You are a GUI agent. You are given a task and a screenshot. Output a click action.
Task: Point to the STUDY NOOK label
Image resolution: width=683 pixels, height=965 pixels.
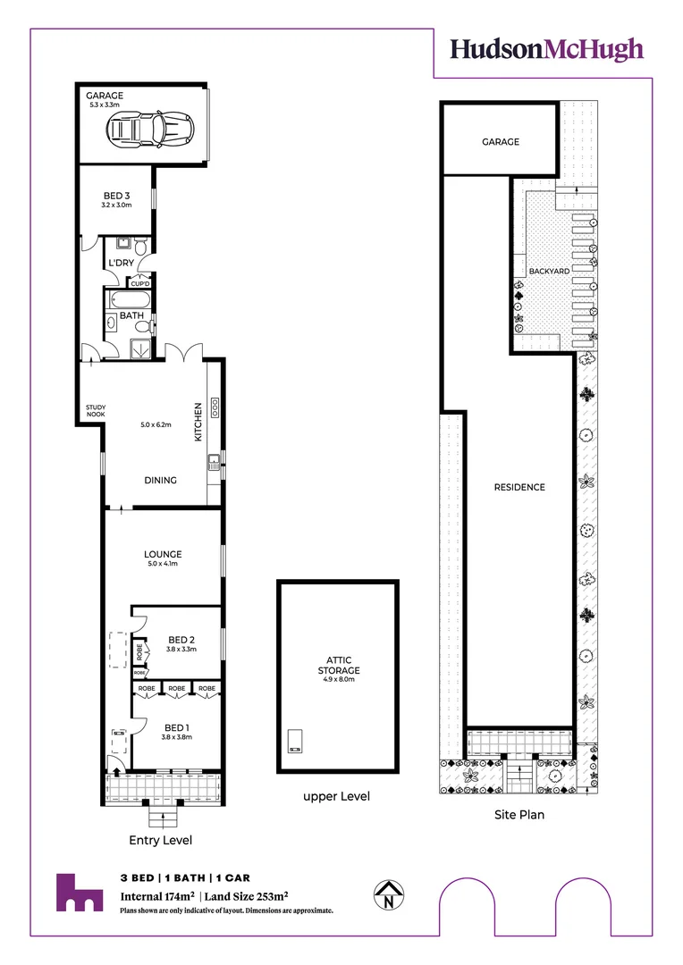[96, 411]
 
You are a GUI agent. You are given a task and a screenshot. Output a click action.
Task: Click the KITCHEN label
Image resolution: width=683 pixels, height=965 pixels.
[198, 423]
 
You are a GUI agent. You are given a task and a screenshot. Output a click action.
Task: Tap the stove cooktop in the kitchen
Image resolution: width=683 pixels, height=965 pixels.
[215, 408]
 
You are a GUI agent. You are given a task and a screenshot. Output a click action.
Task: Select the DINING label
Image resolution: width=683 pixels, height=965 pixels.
[161, 480]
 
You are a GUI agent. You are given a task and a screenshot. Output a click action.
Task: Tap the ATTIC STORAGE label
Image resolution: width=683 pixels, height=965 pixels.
[338, 666]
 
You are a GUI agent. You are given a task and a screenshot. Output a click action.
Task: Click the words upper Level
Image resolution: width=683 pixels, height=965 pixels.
[336, 796]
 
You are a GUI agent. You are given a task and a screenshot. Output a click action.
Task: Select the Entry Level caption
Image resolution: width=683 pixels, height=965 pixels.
[161, 840]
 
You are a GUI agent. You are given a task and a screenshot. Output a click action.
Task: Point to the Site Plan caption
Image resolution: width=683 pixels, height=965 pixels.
[519, 815]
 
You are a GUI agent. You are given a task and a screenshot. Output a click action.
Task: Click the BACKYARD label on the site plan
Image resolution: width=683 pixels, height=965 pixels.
[549, 270]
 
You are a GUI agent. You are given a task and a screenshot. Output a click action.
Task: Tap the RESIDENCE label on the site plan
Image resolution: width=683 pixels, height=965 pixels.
[519, 487]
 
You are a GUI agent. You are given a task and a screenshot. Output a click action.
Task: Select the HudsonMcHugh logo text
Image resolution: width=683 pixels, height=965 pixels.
[546, 48]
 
